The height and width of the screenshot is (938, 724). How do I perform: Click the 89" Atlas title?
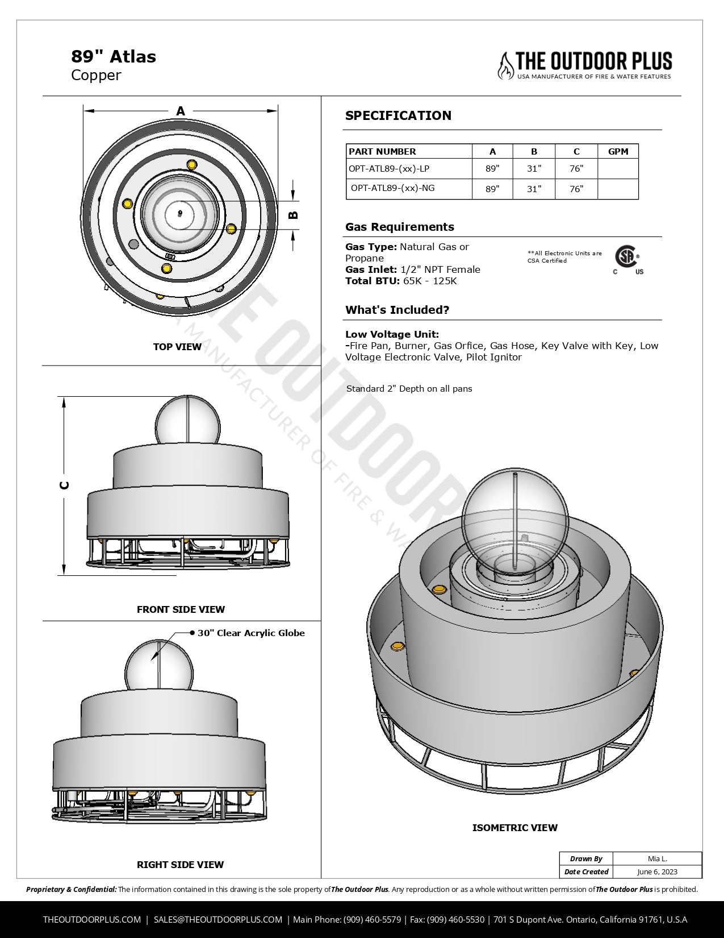click(x=114, y=56)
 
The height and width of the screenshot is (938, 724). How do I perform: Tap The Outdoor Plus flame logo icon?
click(x=505, y=65)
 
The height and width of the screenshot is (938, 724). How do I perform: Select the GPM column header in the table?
click(x=618, y=152)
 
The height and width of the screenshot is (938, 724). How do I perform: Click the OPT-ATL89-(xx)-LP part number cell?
click(x=389, y=168)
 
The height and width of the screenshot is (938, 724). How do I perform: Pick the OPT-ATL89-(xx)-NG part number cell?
click(x=392, y=188)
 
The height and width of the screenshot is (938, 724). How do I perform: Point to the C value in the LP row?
click(x=576, y=168)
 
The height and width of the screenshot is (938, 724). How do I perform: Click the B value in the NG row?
click(x=534, y=189)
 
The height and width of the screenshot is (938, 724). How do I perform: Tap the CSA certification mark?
click(x=627, y=260)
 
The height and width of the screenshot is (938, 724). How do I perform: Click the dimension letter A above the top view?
click(x=180, y=111)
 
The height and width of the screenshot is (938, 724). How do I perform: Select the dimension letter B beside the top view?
click(x=293, y=214)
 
